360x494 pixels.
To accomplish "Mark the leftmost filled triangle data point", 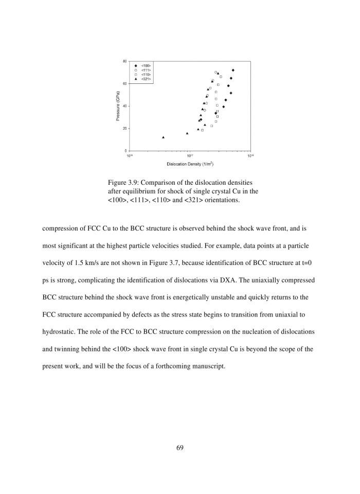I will tap(164, 137).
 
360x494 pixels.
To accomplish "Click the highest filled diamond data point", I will tap(233, 70).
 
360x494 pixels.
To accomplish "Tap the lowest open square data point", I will tap(202, 130).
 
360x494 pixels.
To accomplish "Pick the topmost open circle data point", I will tap(215, 72).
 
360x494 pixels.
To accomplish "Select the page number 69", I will tap(179, 447).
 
